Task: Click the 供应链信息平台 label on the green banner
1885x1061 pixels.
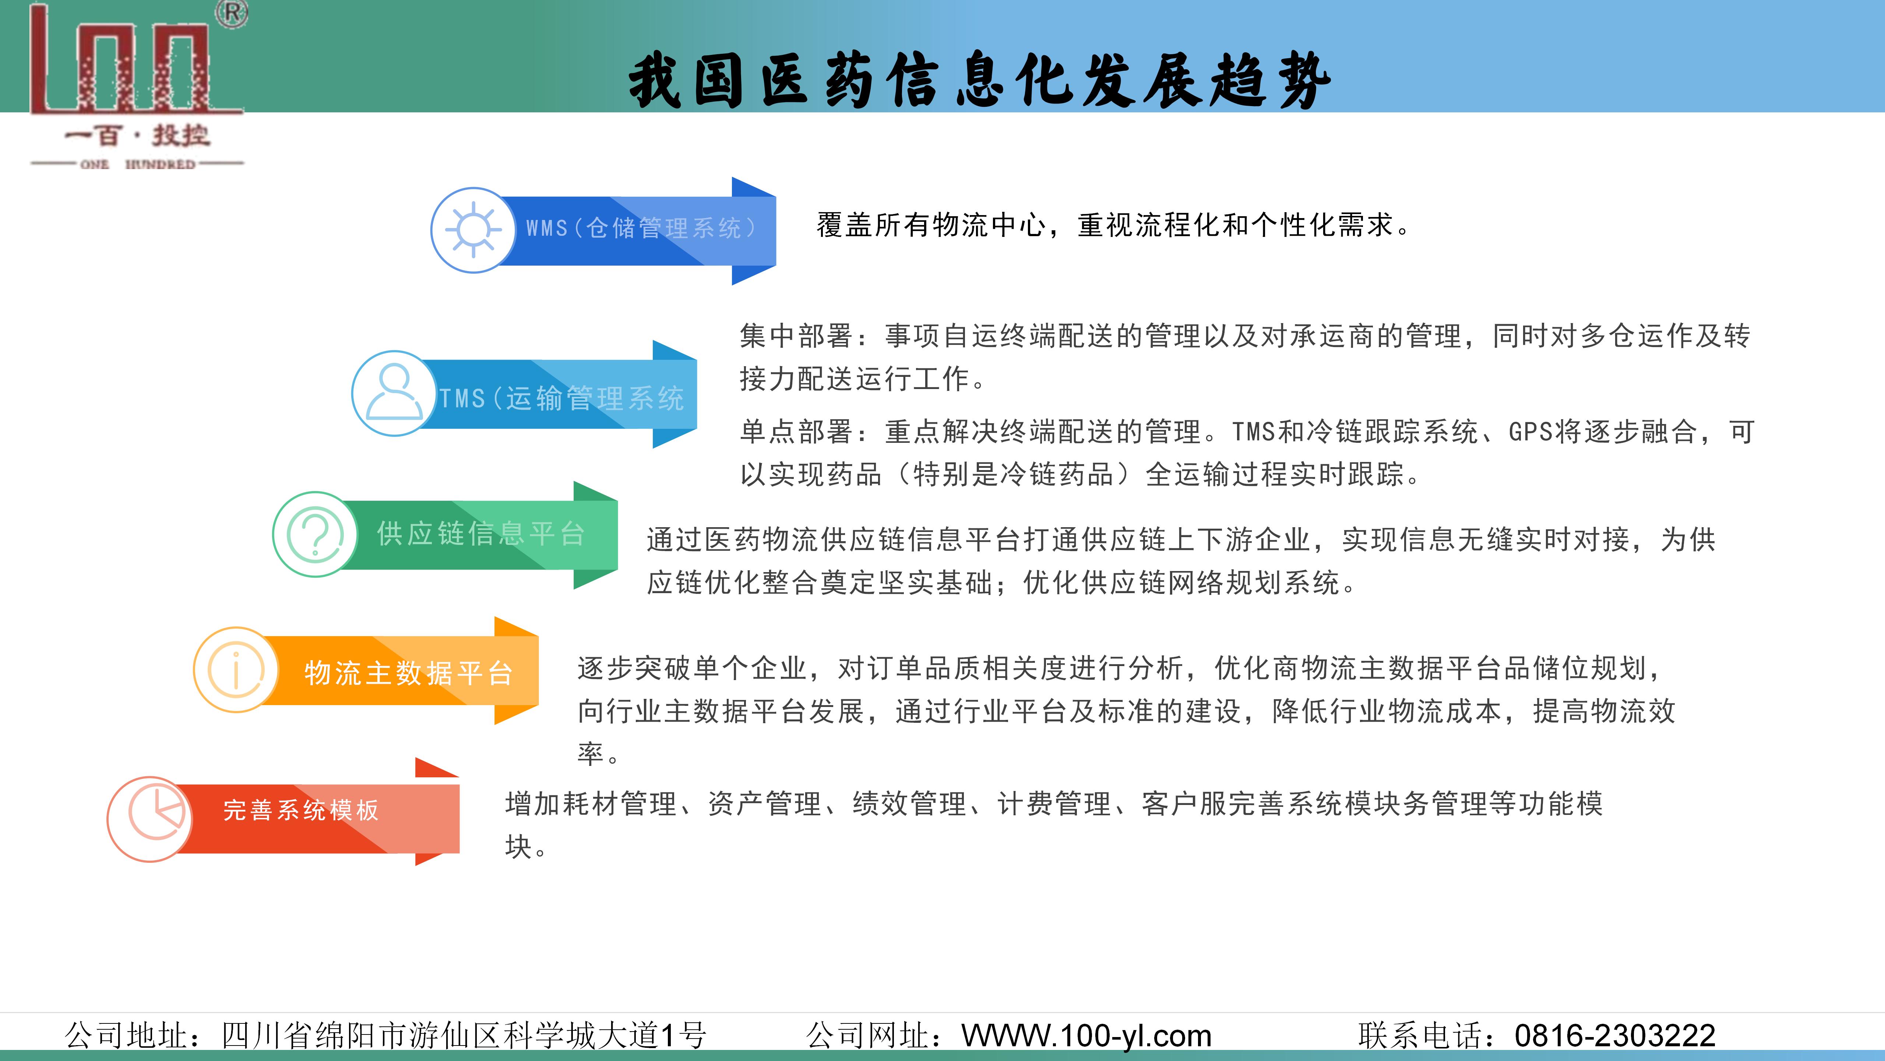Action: point(481,534)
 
